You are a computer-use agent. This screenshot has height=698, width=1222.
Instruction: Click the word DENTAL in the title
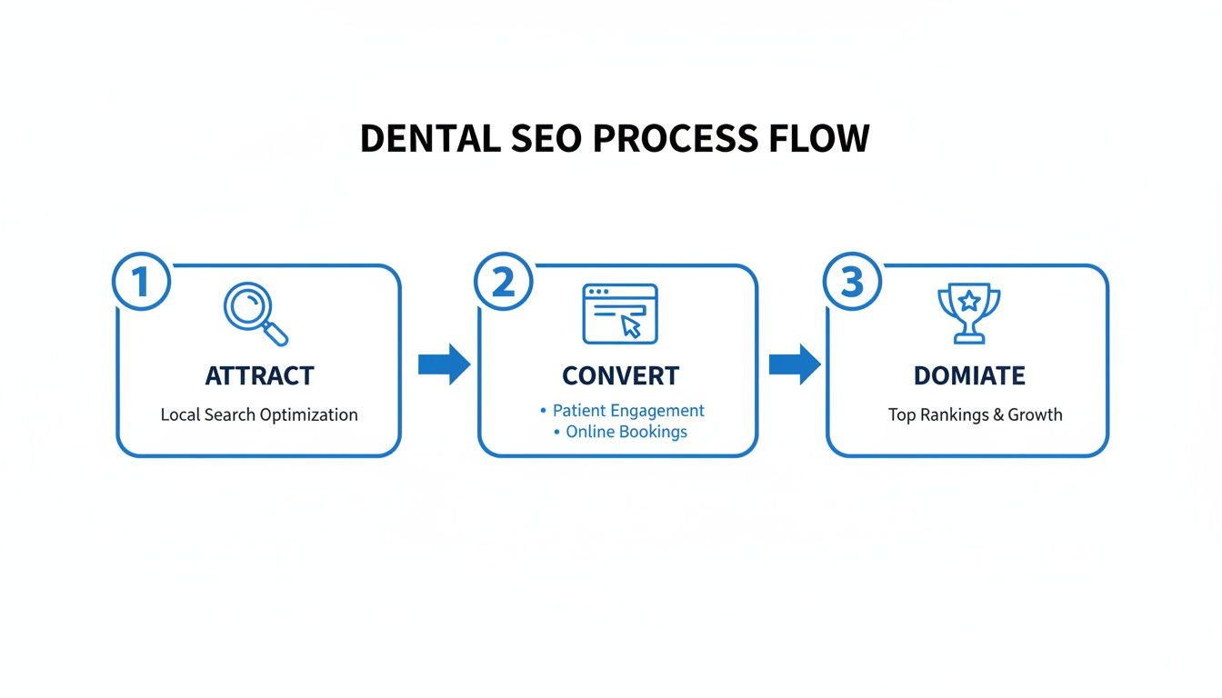click(429, 138)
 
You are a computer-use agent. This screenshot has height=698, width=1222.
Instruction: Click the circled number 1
click(141, 282)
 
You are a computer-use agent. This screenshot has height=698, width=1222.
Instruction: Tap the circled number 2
click(503, 282)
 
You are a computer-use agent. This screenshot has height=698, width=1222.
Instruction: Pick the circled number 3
click(851, 282)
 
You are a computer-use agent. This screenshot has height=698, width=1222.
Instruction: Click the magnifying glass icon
click(255, 314)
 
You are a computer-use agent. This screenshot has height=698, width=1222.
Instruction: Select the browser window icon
click(619, 314)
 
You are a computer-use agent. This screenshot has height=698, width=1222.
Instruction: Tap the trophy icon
click(968, 314)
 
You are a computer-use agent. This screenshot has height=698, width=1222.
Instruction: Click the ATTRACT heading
click(259, 375)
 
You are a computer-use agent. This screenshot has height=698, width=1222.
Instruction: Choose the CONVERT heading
click(620, 375)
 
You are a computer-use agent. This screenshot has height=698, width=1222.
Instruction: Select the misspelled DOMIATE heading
click(969, 375)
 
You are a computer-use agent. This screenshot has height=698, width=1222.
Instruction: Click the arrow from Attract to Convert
click(443, 364)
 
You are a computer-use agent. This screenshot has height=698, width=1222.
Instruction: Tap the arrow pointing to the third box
click(794, 364)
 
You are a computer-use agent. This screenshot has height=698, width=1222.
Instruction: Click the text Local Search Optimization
click(259, 414)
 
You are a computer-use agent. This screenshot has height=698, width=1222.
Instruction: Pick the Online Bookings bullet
click(626, 432)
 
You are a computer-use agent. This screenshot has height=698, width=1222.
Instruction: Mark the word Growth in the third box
click(1035, 414)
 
